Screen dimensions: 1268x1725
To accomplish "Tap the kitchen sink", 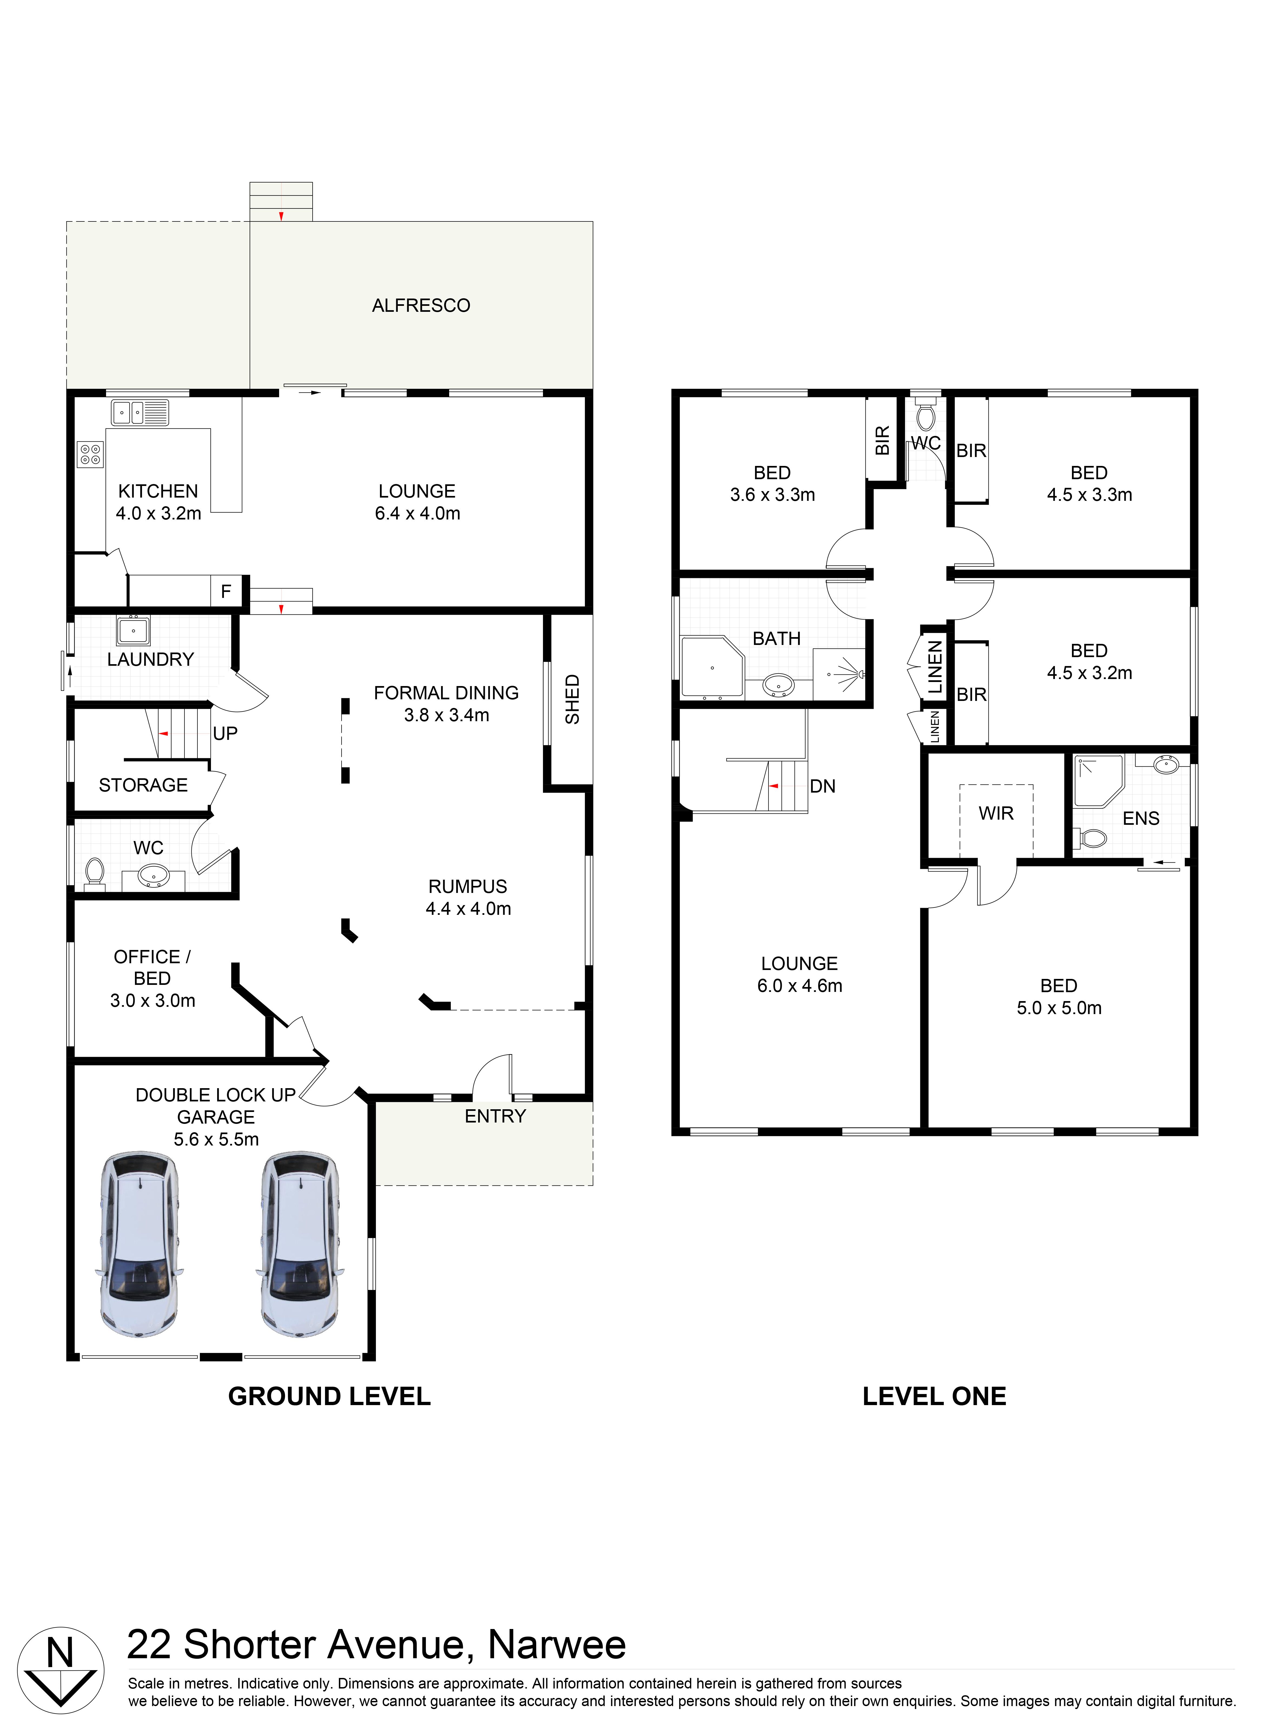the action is coord(140,413).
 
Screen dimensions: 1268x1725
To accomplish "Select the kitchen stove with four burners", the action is coord(90,454).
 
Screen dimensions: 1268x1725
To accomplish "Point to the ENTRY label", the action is coord(495,1117).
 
